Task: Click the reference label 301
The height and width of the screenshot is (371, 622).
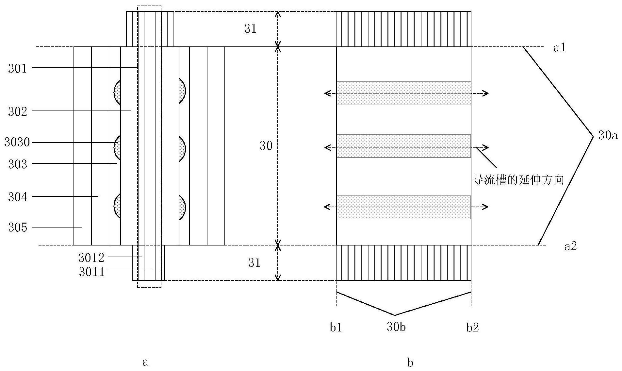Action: click(x=17, y=68)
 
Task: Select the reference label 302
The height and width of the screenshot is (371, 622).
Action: click(x=17, y=111)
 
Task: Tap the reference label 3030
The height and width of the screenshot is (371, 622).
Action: click(x=17, y=143)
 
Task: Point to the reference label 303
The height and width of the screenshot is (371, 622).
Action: click(x=17, y=164)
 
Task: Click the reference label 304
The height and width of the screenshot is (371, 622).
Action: click(x=17, y=197)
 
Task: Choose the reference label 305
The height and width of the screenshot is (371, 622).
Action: click(x=17, y=228)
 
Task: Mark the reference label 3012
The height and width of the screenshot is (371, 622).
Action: click(x=91, y=258)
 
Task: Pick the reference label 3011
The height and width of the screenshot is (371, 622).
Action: click(x=91, y=272)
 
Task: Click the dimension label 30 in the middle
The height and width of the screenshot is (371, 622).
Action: click(x=266, y=146)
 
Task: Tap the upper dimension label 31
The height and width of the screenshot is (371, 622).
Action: click(x=250, y=29)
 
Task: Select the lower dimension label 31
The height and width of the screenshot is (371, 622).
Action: click(x=254, y=262)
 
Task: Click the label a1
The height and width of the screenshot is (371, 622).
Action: click(x=559, y=48)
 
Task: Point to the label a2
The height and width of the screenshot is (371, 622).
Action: click(x=570, y=246)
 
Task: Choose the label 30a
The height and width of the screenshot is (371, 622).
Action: click(x=608, y=135)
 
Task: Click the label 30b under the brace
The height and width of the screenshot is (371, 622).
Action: click(x=396, y=327)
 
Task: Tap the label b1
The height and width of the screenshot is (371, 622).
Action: click(x=336, y=328)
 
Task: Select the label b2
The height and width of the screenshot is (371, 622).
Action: click(x=472, y=328)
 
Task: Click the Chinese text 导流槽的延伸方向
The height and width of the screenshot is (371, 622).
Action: click(x=519, y=180)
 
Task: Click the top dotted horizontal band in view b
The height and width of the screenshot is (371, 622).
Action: click(x=404, y=93)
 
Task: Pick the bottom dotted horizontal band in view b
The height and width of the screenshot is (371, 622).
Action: click(x=404, y=207)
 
